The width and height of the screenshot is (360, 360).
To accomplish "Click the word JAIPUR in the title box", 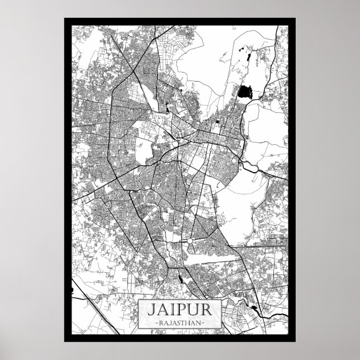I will tap(179, 310).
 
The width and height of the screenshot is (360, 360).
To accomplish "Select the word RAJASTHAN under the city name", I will tap(179, 323).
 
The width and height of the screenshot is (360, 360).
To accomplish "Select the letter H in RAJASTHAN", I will tap(191, 323).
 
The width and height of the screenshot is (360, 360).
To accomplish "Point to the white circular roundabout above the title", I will tap(190, 241).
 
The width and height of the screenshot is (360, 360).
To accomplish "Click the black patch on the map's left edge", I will tap(73, 290).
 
